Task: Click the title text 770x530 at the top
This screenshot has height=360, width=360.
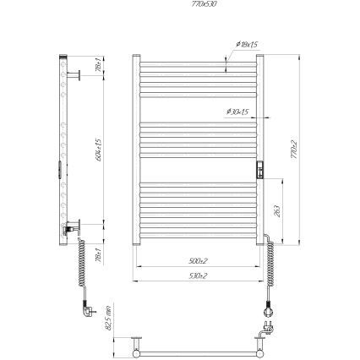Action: (x=179, y=4)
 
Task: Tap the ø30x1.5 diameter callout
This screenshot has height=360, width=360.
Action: (x=237, y=112)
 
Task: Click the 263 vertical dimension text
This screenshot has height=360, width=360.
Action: (x=278, y=212)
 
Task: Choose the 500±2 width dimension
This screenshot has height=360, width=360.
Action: (x=199, y=261)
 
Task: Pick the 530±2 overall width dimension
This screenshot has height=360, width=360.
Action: (x=199, y=275)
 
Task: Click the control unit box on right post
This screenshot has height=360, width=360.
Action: (x=261, y=169)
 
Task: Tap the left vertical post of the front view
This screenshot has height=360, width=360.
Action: (x=136, y=152)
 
